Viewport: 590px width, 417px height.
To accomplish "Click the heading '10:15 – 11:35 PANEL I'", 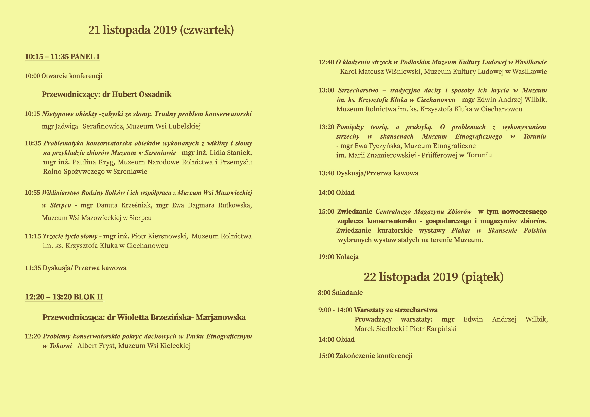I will pyautogui.click(x=62, y=56).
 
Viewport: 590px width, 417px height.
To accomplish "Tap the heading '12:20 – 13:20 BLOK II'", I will pyautogui.click(x=64, y=297).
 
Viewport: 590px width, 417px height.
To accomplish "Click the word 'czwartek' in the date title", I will pyautogui.click(x=207, y=30).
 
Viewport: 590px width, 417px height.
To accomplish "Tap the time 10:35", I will pyautogui.click(x=33, y=143).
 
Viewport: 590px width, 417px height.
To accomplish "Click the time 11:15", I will pyautogui.click(x=33, y=236).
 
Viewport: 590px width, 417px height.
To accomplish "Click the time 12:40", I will pyautogui.click(x=326, y=62).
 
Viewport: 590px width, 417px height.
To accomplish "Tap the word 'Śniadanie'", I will pyautogui.click(x=347, y=292).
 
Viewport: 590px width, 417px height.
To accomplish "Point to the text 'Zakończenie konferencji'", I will pyautogui.click(x=374, y=356).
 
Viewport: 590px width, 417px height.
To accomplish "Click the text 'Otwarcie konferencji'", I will pyautogui.click(x=72, y=76).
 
